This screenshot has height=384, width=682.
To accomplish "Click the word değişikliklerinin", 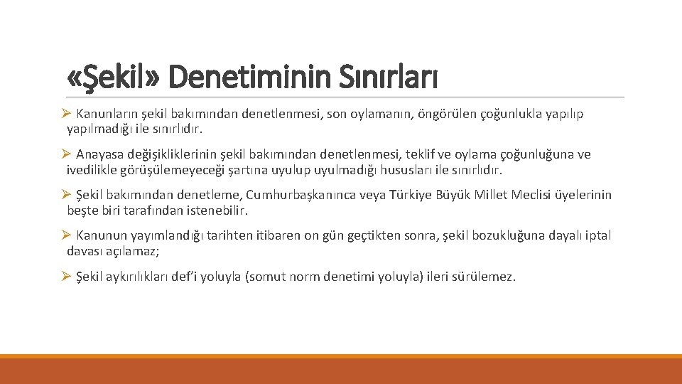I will [173, 154].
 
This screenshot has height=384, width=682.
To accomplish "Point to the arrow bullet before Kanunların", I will [66, 114].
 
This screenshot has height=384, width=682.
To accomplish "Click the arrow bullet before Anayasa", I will [66, 154].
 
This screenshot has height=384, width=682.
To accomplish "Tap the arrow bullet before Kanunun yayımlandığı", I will [66, 235].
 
